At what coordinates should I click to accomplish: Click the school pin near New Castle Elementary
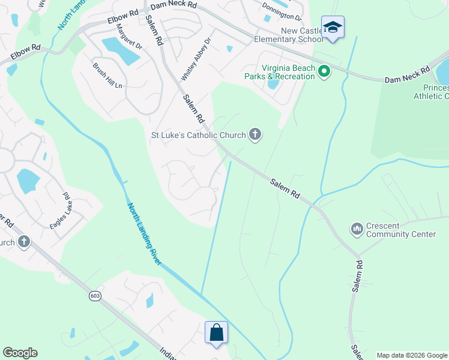click(333, 28)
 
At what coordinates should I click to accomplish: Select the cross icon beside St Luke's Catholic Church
click(255, 134)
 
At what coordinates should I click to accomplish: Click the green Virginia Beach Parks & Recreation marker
click(324, 72)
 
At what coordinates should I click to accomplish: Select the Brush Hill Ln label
click(107, 76)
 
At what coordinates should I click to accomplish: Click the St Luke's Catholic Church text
click(198, 135)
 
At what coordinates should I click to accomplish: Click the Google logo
click(20, 353)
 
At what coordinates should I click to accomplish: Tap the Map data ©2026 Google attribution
click(412, 355)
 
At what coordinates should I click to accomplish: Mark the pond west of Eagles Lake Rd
click(28, 179)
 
